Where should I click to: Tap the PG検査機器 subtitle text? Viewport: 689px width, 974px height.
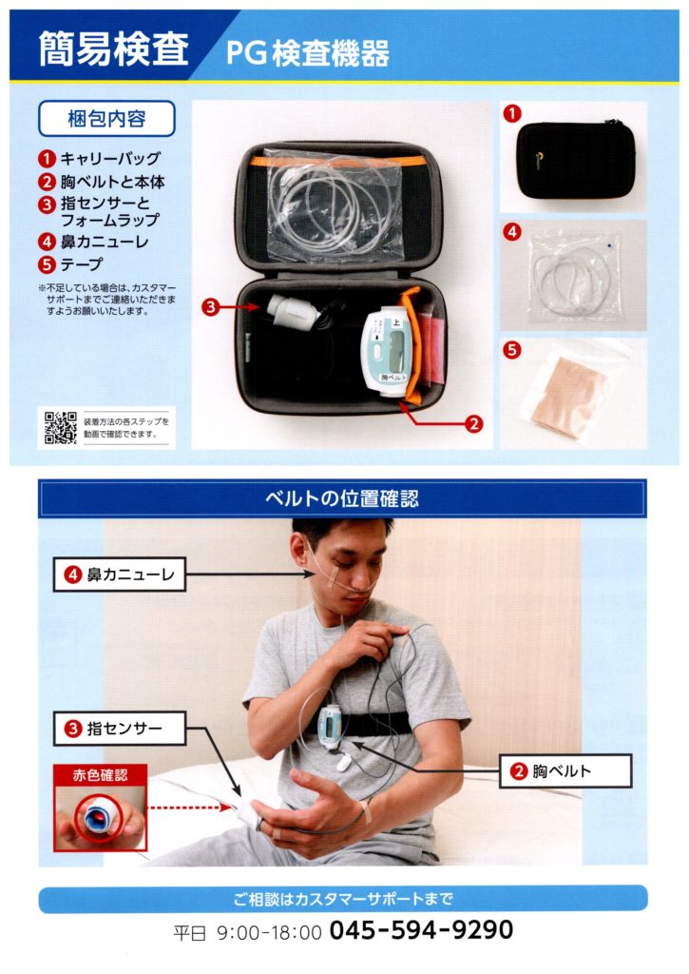click(x=307, y=54)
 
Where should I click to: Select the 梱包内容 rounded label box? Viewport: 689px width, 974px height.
click(x=107, y=120)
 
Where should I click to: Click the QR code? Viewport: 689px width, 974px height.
click(x=60, y=427)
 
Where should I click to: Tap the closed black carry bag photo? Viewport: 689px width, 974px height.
click(x=574, y=159)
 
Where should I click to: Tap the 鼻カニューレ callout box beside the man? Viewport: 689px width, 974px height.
click(x=119, y=575)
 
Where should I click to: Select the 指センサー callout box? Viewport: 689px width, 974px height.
click(x=119, y=730)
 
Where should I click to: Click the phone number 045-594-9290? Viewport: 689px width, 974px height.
click(x=421, y=929)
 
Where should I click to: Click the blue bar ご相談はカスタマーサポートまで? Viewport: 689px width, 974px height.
click(x=342, y=898)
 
